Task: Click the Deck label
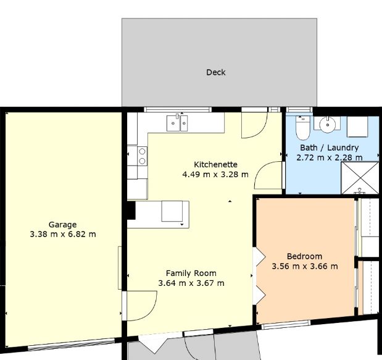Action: tap(216, 72)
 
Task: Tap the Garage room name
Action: tap(62, 225)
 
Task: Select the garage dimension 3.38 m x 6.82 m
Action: tap(63, 235)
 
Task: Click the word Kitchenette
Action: tap(215, 164)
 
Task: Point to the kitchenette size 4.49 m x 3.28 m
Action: tap(215, 175)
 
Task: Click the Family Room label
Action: tap(191, 274)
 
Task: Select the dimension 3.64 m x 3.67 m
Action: tap(191, 283)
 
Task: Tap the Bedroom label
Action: tap(304, 256)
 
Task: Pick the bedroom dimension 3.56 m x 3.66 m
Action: tap(305, 266)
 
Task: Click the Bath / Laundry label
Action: tap(330, 148)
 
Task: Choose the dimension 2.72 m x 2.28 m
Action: tap(330, 157)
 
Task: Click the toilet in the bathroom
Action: tap(303, 128)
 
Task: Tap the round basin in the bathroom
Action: tap(328, 125)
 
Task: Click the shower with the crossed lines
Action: tap(360, 178)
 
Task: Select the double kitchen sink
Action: tap(177, 123)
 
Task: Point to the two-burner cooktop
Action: tap(143, 156)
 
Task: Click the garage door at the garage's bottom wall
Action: tap(71, 345)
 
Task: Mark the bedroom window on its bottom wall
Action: tap(286, 325)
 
